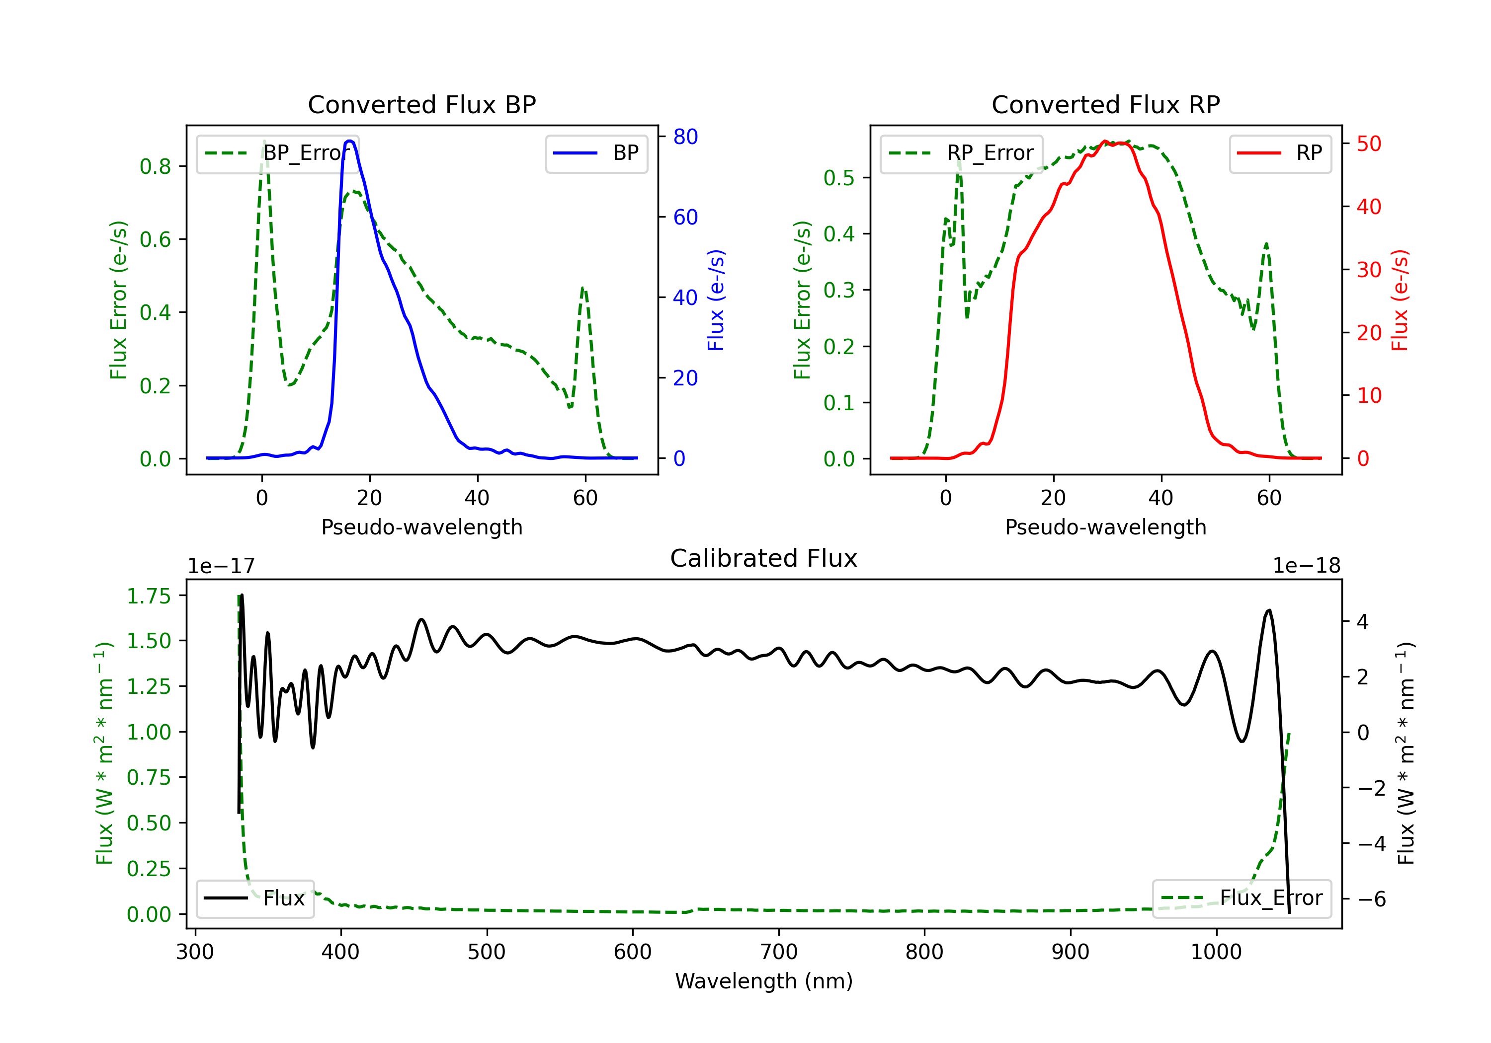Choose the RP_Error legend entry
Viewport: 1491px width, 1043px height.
(962, 153)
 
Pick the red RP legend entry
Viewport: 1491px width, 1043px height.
(1280, 153)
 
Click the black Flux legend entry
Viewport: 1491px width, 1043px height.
(255, 898)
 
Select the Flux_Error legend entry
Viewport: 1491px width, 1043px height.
(1242, 898)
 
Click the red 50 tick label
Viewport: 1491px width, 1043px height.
(1369, 144)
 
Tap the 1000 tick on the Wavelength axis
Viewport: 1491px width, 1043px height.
(1216, 952)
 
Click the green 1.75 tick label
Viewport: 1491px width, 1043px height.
(149, 596)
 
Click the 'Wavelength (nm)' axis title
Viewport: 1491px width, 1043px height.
(764, 981)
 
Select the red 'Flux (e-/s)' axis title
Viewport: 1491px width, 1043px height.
(1400, 300)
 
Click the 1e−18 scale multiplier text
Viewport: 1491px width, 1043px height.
(1307, 566)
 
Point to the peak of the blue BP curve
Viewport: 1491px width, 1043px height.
(350, 141)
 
